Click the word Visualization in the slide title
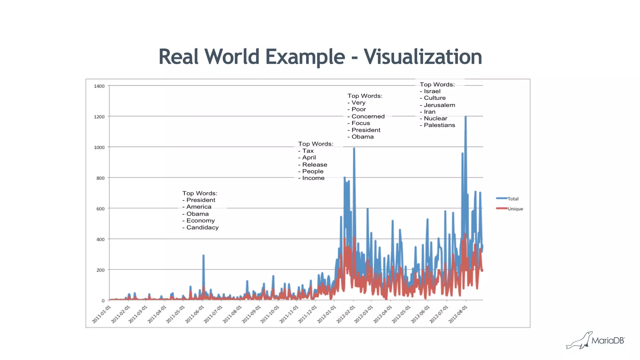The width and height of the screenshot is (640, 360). pyautogui.click(x=422, y=57)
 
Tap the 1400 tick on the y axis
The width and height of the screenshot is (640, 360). pyautogui.click(x=99, y=86)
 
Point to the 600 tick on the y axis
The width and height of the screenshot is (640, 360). pyautogui.click(x=100, y=209)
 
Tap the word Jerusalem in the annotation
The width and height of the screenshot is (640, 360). pyautogui.click(x=439, y=105)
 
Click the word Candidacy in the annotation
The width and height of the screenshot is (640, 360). pyautogui.click(x=202, y=227)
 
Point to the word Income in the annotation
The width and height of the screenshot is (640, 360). pyautogui.click(x=313, y=178)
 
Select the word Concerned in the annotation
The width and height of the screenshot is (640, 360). pyautogui.click(x=368, y=116)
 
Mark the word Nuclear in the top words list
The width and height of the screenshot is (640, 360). pyautogui.click(x=435, y=118)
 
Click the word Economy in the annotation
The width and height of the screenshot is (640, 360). pyautogui.click(x=201, y=221)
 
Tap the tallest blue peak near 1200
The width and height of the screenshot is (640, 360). pyautogui.click(x=466, y=117)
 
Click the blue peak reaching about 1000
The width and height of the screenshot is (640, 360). pyautogui.click(x=354, y=149)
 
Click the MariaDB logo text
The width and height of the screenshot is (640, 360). pyautogui.click(x=608, y=341)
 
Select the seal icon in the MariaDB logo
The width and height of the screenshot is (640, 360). pyautogui.click(x=579, y=341)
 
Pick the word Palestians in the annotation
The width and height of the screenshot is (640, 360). pyautogui.click(x=439, y=125)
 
